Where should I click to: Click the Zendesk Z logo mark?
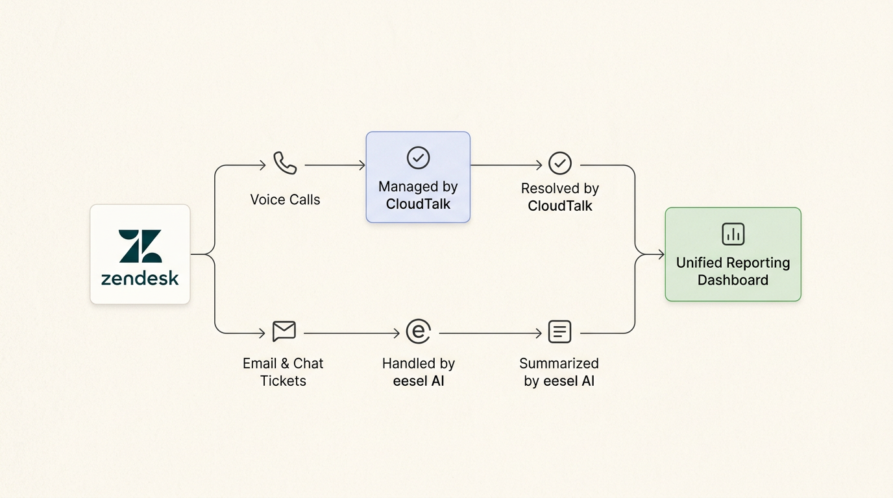tap(140, 246)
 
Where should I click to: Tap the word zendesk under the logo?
tap(140, 279)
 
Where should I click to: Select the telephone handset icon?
tap(285, 163)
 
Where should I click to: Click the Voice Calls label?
tap(285, 200)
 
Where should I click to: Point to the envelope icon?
tap(284, 331)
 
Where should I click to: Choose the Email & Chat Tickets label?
tap(283, 372)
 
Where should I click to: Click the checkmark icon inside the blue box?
tap(418, 158)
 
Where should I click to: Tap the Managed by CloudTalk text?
tap(418, 195)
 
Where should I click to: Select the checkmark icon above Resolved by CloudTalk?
tap(559, 163)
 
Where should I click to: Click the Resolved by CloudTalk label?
tap(559, 197)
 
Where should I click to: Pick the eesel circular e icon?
tap(418, 331)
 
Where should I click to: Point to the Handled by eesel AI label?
tap(418, 372)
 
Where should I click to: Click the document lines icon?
tap(559, 331)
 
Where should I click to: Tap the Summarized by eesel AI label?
tap(559, 372)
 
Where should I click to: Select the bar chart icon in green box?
tap(733, 234)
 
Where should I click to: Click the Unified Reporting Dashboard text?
tap(733, 271)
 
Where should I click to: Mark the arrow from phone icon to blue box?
tap(334, 165)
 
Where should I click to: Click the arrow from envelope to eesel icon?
tap(351, 333)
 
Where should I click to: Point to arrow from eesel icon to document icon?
tap(490, 333)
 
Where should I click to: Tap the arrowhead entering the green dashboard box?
tap(661, 255)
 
